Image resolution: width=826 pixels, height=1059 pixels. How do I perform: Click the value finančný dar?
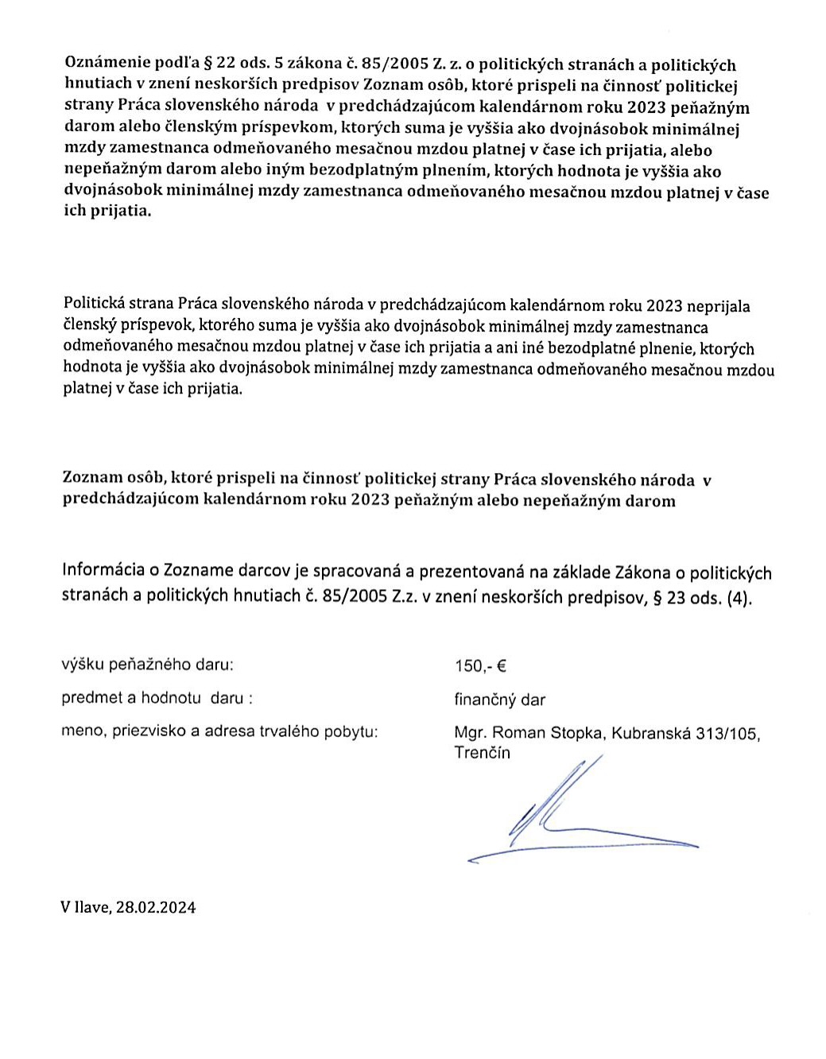[x=499, y=700]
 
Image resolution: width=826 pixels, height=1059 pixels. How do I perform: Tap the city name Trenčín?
[x=482, y=753]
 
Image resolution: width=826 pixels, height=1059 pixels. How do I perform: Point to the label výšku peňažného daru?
[x=147, y=664]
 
